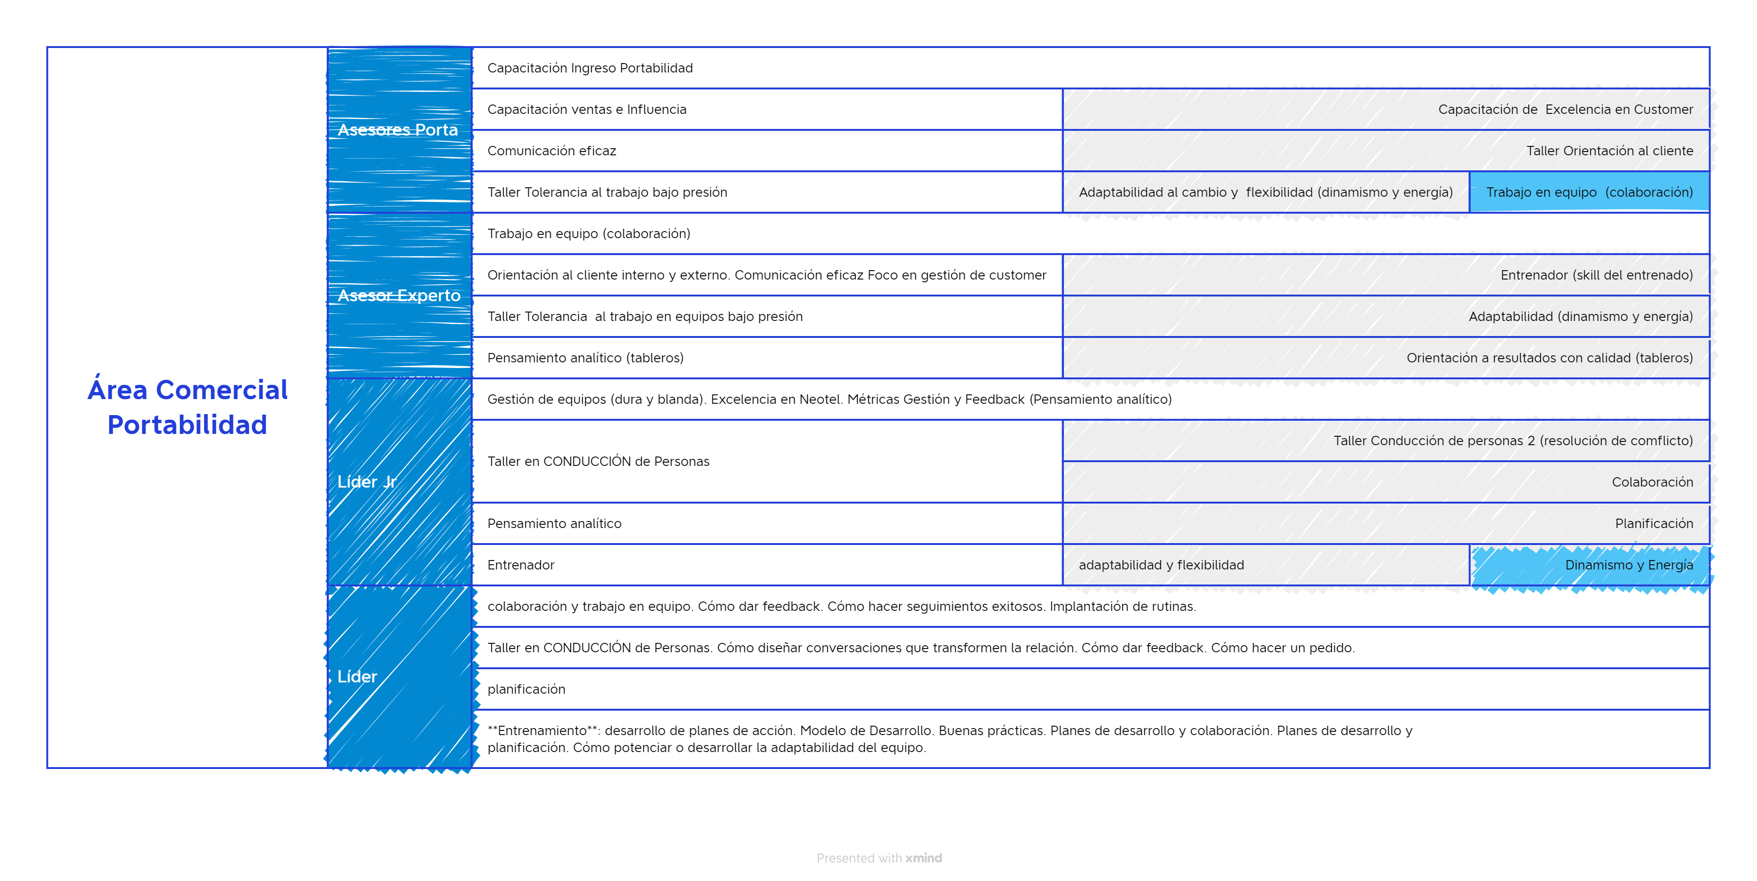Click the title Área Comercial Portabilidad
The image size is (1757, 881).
(187, 407)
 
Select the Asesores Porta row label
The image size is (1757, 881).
(398, 129)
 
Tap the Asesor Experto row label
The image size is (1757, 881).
(399, 295)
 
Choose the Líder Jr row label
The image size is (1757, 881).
(367, 481)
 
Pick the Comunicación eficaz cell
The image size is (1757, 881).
(552, 151)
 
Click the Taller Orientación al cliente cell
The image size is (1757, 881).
(1609, 151)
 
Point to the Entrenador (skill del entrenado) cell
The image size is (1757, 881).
(1596, 275)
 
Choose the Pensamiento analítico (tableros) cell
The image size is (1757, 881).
(585, 358)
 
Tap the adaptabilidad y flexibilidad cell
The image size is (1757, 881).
(1161, 565)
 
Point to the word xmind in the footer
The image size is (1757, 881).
(924, 858)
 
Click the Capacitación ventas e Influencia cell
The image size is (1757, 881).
(587, 109)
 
